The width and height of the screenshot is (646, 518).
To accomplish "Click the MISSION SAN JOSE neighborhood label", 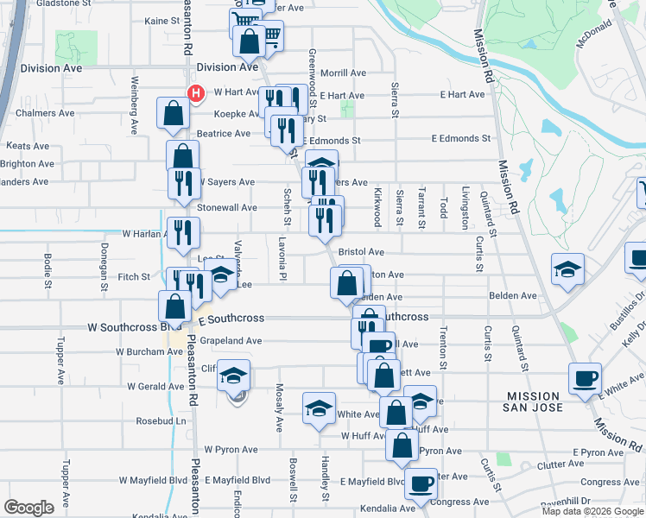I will click(547, 401).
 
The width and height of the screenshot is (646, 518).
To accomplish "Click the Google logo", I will click(28, 508).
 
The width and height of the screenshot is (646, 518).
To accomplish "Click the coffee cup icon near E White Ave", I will click(585, 378).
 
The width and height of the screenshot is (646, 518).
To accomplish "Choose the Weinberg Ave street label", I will click(135, 108).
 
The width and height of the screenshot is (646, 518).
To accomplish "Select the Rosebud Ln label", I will click(161, 421).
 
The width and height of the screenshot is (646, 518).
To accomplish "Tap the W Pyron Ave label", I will click(231, 450).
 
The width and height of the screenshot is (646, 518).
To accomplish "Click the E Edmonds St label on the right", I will click(460, 138).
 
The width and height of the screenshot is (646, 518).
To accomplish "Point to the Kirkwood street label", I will click(377, 207).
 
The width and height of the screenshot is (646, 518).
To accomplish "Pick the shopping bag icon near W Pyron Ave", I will click(402, 445).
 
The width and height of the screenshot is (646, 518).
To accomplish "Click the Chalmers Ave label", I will click(44, 113).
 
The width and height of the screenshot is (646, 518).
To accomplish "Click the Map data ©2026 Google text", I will click(592, 511).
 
